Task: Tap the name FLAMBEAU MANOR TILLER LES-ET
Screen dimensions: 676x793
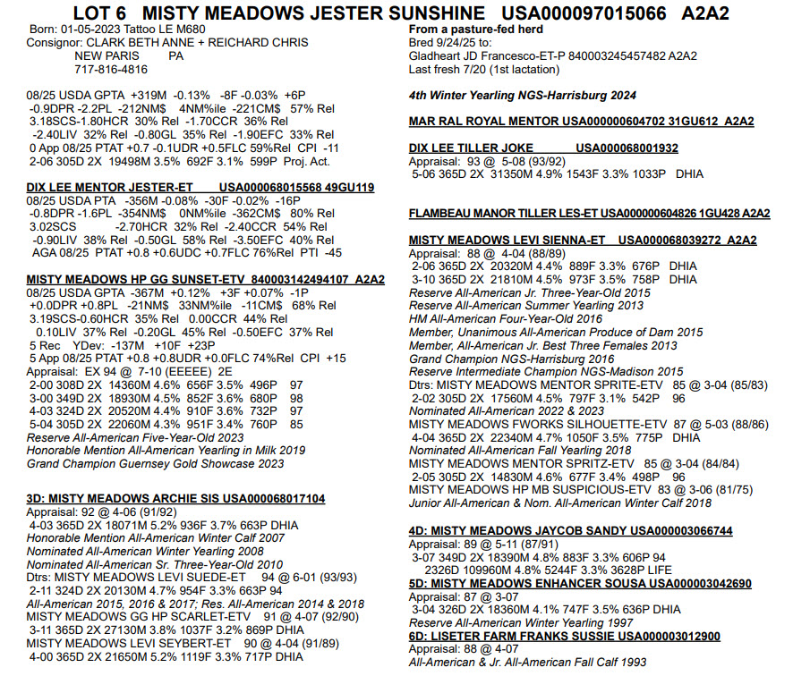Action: click(502, 214)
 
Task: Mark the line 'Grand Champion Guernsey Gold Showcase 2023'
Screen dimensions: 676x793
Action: click(155, 463)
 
